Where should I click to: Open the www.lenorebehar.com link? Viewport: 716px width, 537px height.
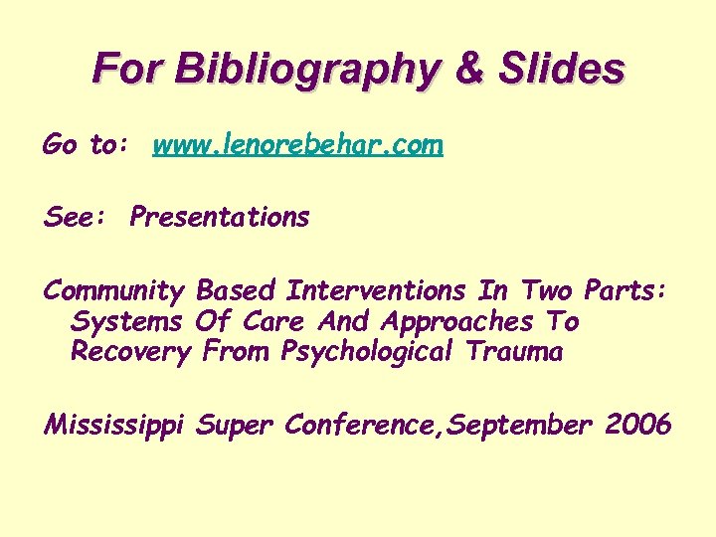[x=297, y=146]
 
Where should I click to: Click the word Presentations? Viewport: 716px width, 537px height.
[x=220, y=217]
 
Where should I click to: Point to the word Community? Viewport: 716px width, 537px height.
[x=113, y=291]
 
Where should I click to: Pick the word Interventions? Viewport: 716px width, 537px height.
[x=375, y=291]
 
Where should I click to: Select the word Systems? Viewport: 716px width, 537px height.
[x=126, y=322]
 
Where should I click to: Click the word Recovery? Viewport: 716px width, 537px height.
[x=129, y=352]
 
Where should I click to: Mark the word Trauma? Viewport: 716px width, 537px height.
[x=523, y=352]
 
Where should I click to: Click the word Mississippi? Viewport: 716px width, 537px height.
[x=115, y=426]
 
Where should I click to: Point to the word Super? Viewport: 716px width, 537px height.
[x=236, y=426]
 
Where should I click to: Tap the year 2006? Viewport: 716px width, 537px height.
[x=637, y=426]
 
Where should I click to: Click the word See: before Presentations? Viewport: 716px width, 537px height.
[x=68, y=217]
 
